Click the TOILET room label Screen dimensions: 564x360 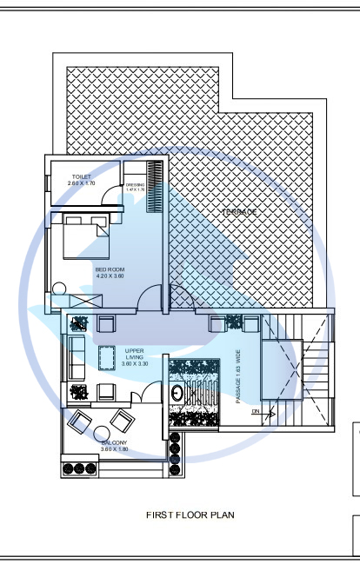point(81,176)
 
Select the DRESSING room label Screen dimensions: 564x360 point(135,184)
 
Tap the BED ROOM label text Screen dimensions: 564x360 point(110,269)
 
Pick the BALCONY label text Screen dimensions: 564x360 point(113,442)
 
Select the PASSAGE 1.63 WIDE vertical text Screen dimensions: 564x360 point(237,375)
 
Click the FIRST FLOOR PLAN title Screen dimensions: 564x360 point(190,514)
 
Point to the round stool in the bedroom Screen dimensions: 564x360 point(58,288)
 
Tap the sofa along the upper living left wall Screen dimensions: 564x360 point(74,357)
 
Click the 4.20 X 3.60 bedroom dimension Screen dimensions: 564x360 point(110,276)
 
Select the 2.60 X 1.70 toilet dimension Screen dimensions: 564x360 point(81,183)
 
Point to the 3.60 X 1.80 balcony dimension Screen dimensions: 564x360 point(113,449)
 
